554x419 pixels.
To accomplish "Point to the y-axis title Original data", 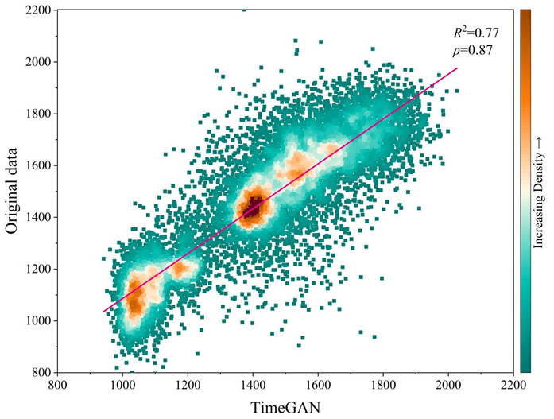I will (12, 191).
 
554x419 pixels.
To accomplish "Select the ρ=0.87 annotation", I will (472, 50).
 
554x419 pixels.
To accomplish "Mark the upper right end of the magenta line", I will (457, 68).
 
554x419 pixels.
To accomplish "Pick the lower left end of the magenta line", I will (103, 311).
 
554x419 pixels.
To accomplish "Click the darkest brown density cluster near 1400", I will (254, 209).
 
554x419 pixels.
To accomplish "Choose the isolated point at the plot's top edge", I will (244, 10).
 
